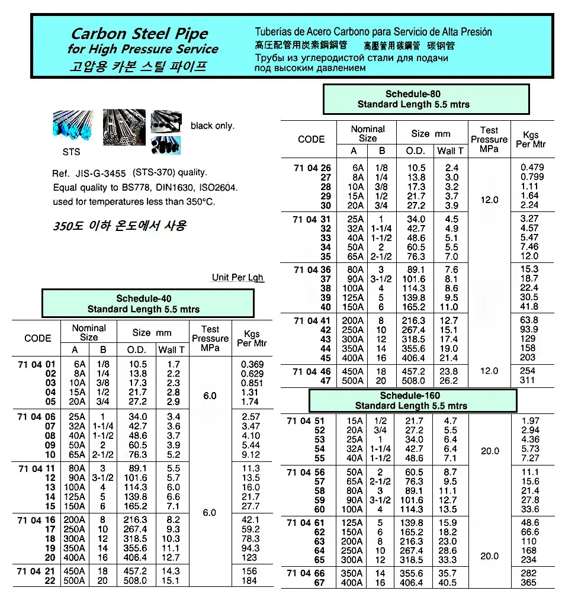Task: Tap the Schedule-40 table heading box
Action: [x=147, y=304]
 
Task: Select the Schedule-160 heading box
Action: [x=413, y=400]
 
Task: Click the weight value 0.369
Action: [x=252, y=364]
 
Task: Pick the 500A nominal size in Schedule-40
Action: [x=75, y=580]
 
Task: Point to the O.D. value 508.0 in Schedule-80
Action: [x=416, y=381]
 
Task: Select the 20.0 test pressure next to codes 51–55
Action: [x=490, y=451]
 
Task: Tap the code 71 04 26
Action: [x=312, y=168]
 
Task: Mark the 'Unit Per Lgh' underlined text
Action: [x=237, y=277]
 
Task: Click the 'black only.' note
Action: [x=213, y=126]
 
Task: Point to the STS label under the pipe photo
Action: [x=71, y=152]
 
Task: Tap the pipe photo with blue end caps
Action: [x=73, y=126]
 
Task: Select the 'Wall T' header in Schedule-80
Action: [x=451, y=150]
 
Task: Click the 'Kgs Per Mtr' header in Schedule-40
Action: [x=252, y=338]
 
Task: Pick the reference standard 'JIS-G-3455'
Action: [x=100, y=174]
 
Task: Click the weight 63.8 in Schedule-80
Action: [x=528, y=320]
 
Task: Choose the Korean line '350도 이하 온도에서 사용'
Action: [x=119, y=226]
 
